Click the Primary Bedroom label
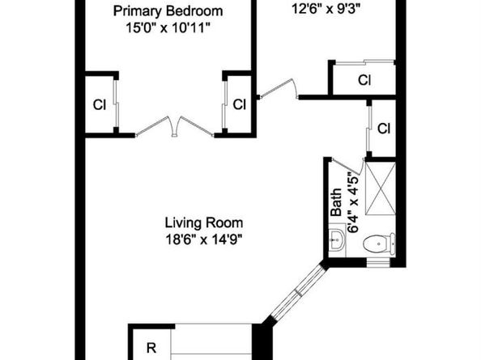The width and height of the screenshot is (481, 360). click(x=168, y=11)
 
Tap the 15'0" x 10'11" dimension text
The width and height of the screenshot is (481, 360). click(x=168, y=28)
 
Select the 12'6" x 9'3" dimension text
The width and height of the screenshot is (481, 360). click(x=326, y=9)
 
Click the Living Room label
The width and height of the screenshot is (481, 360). click(x=204, y=222)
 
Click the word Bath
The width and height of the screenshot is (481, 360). click(x=337, y=202)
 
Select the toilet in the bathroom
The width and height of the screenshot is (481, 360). click(x=379, y=244)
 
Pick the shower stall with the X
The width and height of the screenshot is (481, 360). click(x=381, y=188)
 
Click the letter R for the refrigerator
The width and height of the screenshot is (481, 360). click(x=151, y=348)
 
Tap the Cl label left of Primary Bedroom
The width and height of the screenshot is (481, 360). click(x=100, y=105)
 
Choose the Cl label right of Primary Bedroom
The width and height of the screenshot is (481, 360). click(x=239, y=104)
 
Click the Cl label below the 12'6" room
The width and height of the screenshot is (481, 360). click(x=364, y=80)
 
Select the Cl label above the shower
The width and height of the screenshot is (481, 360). click(x=384, y=129)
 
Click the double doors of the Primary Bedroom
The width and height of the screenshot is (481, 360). click(x=175, y=126)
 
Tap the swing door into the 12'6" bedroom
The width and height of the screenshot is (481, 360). click(x=279, y=89)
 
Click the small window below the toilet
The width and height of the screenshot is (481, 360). click(x=378, y=262)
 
